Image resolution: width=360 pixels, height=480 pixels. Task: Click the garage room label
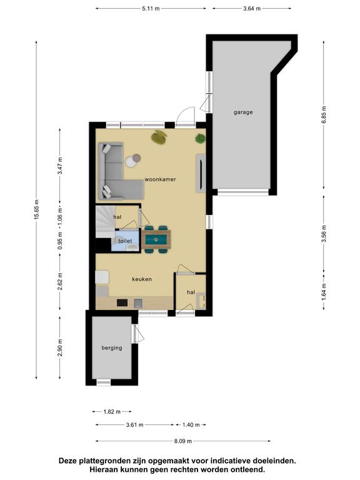point(243,112)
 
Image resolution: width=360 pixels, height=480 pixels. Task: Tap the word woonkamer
point(160,179)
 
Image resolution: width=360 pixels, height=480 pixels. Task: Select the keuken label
point(142,279)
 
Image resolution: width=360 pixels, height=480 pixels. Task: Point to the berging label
point(112,348)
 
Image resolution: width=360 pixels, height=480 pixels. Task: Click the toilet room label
point(125,241)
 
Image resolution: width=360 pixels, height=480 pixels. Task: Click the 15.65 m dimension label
point(37,210)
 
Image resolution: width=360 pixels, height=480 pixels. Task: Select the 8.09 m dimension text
point(183,441)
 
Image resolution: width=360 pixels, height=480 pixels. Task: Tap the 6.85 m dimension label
point(324,114)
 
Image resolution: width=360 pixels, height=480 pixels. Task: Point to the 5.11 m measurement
point(151,9)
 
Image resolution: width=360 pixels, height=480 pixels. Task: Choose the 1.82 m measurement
point(112,412)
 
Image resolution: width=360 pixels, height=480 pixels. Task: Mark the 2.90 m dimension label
point(60,347)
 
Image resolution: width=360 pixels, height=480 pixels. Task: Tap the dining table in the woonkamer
point(156,239)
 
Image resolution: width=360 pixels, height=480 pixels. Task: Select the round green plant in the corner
point(200,139)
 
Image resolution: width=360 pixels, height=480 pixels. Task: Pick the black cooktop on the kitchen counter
point(122,302)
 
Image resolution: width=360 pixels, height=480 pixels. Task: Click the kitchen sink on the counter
point(138,303)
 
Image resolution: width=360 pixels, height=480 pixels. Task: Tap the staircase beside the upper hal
point(105,222)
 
